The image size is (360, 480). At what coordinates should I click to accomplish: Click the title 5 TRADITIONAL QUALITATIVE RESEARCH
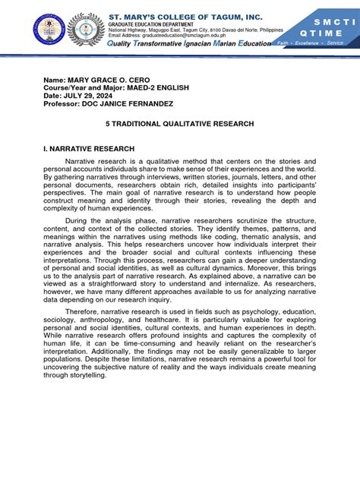coord(179,122)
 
